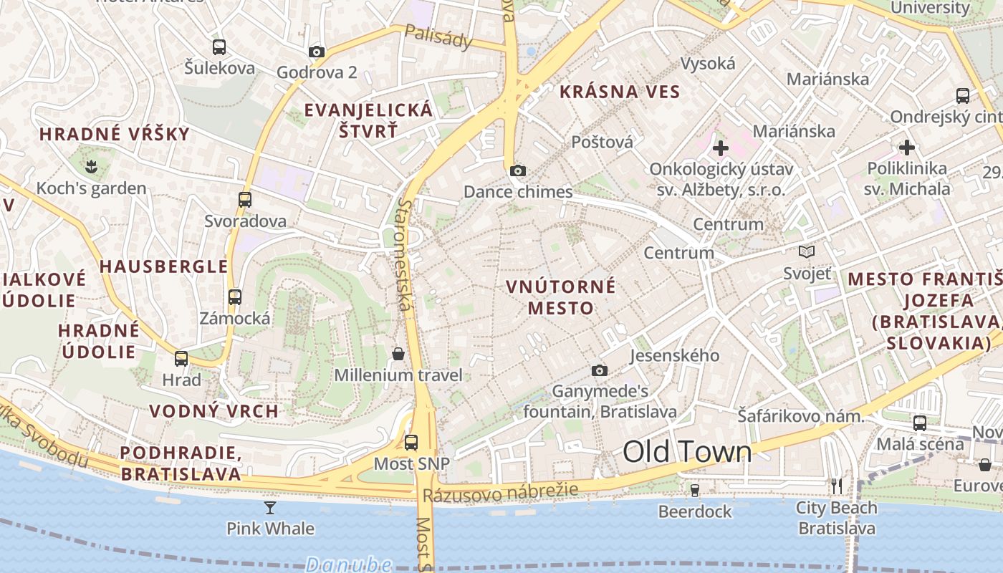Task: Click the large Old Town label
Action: (687, 451)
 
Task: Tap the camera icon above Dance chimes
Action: (517, 170)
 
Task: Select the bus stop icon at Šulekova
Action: (219, 47)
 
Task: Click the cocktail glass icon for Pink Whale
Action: (270, 508)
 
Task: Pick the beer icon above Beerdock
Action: (694, 490)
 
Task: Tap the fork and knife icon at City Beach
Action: (836, 486)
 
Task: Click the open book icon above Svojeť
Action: (807, 251)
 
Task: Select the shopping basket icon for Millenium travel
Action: (398, 354)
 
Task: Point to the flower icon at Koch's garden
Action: (91, 168)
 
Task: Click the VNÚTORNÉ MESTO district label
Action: (560, 297)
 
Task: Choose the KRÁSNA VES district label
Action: (620, 92)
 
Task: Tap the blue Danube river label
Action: (348, 564)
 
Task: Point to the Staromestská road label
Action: (405, 255)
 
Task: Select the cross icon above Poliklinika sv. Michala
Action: (907, 148)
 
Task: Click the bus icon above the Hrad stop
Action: (181, 358)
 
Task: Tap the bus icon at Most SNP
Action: (411, 442)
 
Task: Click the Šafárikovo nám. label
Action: (800, 415)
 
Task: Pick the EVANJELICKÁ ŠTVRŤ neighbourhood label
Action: (368, 120)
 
